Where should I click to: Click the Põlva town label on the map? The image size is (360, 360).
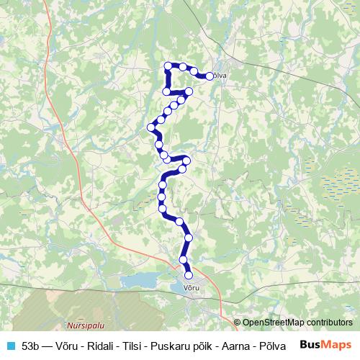[219, 76]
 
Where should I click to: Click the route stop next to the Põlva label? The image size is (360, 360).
[210, 76]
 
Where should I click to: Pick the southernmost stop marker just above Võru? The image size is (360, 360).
[189, 274]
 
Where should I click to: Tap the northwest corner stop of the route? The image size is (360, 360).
[168, 66]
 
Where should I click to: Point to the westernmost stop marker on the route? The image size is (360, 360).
[152, 127]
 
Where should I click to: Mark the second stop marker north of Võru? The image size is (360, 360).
[184, 260]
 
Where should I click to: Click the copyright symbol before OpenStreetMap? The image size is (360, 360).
[238, 323]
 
